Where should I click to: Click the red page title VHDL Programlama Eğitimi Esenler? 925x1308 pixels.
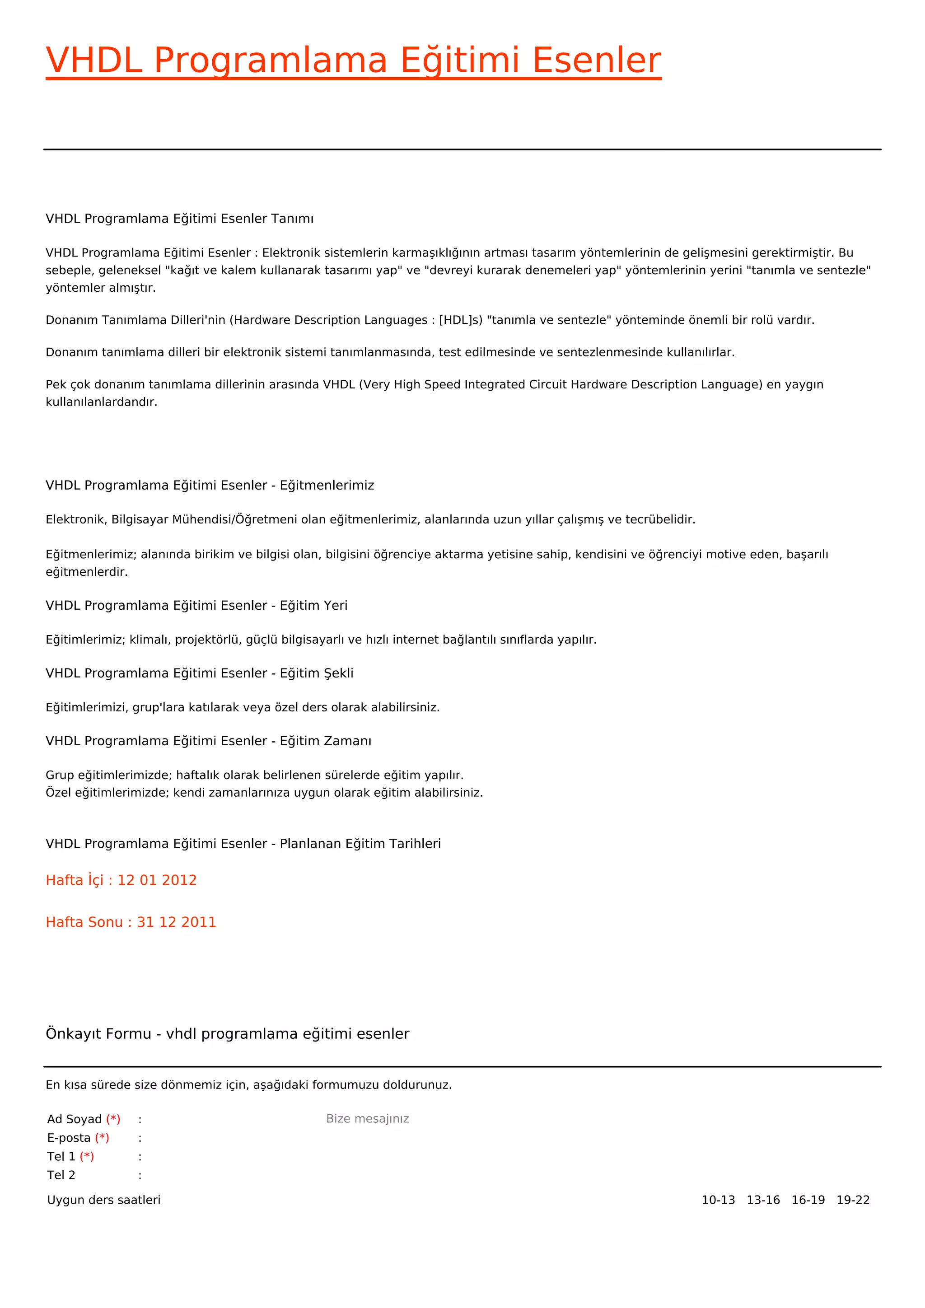pyautogui.click(x=353, y=61)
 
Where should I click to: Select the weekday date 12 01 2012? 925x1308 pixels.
pyautogui.click(x=157, y=880)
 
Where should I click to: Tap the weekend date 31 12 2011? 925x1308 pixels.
pyautogui.click(x=177, y=922)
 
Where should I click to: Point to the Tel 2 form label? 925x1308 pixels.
pyautogui.click(x=61, y=1175)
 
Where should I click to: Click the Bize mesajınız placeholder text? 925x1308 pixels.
pyautogui.click(x=367, y=1119)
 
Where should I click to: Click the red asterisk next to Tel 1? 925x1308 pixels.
pyautogui.click(x=87, y=1156)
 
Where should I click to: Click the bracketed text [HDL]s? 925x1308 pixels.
pyautogui.click(x=460, y=320)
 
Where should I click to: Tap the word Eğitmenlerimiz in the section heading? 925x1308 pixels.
pyautogui.click(x=327, y=486)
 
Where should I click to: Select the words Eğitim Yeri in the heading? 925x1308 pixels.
pyautogui.click(x=313, y=606)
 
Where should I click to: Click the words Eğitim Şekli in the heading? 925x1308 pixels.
pyautogui.click(x=316, y=673)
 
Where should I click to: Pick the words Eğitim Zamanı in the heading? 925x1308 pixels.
pyautogui.click(x=325, y=741)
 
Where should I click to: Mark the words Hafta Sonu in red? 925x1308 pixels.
pyautogui.click(x=84, y=922)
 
